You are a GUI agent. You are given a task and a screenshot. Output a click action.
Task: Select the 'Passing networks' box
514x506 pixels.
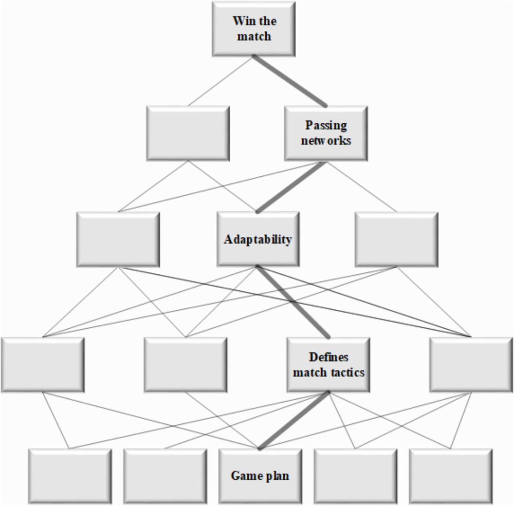326,133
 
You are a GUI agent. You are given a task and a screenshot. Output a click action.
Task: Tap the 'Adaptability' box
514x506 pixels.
258,239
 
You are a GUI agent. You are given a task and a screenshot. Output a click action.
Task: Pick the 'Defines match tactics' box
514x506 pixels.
328,365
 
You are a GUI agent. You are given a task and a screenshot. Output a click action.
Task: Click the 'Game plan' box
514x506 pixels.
260,476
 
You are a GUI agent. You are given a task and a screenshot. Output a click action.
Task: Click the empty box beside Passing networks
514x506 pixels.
188,133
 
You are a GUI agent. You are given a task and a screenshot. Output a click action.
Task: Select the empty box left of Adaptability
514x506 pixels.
118,239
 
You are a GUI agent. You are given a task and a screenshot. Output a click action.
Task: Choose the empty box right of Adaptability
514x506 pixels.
396,239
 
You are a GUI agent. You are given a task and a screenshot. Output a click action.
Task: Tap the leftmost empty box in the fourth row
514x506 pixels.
43,365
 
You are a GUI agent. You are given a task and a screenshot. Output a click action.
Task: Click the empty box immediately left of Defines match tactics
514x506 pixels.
185,365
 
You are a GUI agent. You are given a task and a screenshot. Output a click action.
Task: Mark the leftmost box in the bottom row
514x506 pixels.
70,476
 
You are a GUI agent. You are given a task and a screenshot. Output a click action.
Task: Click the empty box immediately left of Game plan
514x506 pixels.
165,476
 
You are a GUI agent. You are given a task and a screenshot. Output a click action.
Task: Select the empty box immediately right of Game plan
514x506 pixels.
355,476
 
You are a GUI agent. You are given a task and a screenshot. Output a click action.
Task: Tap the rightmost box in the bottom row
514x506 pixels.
451,476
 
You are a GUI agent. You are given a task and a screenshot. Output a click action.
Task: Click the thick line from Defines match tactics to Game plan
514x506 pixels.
294,420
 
